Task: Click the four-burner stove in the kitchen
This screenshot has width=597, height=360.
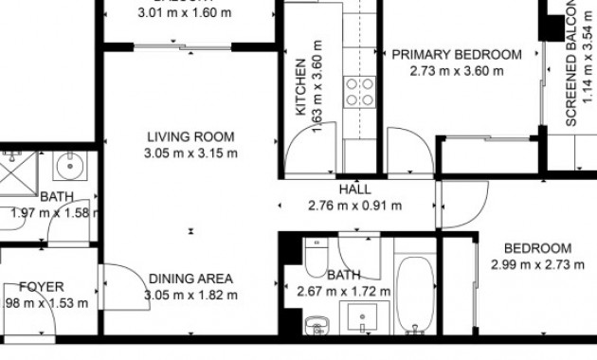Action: coord(359,91)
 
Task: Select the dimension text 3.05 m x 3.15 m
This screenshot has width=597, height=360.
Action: coord(190,153)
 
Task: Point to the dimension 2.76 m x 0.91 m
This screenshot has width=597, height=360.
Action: coord(354,206)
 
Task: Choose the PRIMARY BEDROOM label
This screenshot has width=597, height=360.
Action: coord(457,55)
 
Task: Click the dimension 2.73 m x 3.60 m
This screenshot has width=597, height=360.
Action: coord(457,71)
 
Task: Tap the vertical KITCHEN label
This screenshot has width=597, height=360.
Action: coord(300,87)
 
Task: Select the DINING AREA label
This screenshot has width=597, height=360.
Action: coord(190,279)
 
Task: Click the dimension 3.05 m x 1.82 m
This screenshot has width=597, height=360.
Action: coord(190,295)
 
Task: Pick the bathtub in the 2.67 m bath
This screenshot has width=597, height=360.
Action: coord(414,294)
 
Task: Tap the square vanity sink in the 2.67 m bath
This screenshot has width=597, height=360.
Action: coord(364,319)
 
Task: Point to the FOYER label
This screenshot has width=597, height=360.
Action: coord(41,287)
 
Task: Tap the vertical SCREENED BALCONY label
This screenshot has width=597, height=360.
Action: coord(572,66)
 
